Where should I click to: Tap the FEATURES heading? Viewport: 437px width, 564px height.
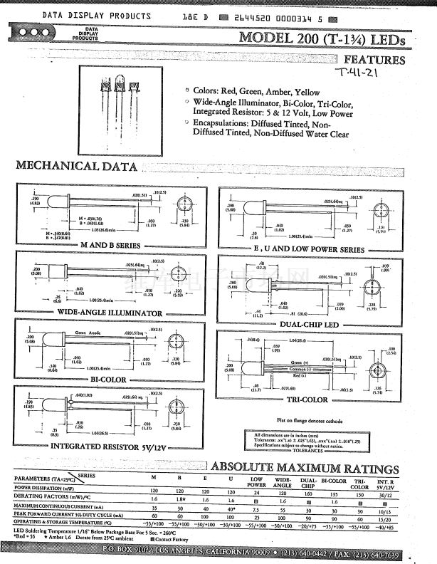[x=374, y=61]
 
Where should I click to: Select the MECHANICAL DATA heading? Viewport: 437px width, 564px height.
[x=77, y=166]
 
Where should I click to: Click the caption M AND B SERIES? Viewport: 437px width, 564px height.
[x=110, y=244]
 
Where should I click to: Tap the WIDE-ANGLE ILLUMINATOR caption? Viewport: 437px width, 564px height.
[x=110, y=313]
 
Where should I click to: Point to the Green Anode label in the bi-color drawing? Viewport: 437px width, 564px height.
[x=70, y=332]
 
